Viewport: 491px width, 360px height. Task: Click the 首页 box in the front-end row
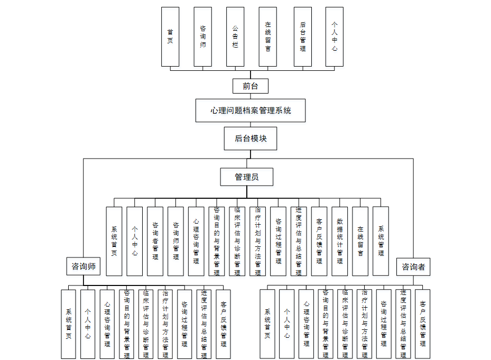[x=170, y=36]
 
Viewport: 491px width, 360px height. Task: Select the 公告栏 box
[x=235, y=36]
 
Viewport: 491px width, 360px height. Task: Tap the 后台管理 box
[x=303, y=36]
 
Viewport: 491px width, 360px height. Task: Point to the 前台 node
[x=251, y=86]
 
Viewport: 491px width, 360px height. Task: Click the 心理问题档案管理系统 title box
[x=251, y=110]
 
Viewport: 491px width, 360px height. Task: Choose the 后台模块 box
[x=251, y=139]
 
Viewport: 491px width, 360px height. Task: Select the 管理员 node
[x=247, y=177]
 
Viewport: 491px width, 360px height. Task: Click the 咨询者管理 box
[x=155, y=241]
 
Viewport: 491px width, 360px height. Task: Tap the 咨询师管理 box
[x=176, y=241]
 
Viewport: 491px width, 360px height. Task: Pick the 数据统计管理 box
[x=340, y=241]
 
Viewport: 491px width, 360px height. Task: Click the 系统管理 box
[x=381, y=241]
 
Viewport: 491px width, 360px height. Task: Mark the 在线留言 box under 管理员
[x=360, y=241]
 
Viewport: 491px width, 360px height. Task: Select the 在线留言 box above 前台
[x=268, y=36]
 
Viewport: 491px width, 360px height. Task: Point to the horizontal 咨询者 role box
[x=413, y=266]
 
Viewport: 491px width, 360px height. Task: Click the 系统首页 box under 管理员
[x=114, y=241]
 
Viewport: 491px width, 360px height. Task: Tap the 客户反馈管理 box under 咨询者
[x=422, y=324]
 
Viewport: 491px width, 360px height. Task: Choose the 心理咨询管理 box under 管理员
[x=196, y=241]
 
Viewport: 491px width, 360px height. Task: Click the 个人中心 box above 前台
[x=335, y=36]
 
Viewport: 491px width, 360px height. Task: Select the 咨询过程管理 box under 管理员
[x=278, y=241]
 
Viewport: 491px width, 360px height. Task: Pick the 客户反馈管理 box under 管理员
[x=319, y=241]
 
